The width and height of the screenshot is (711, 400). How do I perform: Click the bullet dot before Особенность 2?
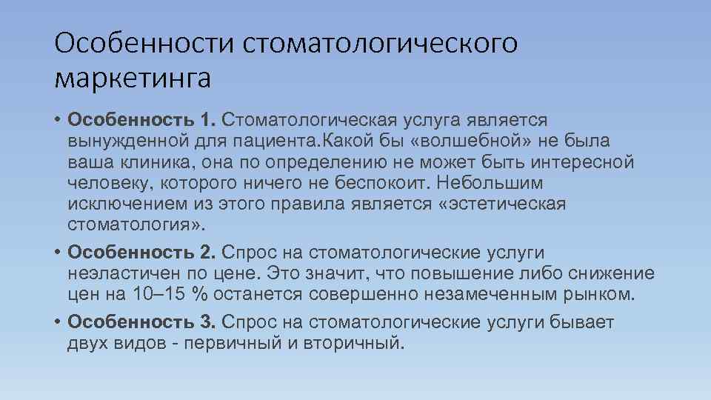tap(57, 253)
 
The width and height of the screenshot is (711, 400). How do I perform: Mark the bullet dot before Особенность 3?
tap(57, 322)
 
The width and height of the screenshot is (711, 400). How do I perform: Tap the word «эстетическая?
tap(502, 203)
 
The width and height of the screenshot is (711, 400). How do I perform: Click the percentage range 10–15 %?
tap(170, 294)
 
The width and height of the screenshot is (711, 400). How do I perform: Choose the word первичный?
tap(234, 343)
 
